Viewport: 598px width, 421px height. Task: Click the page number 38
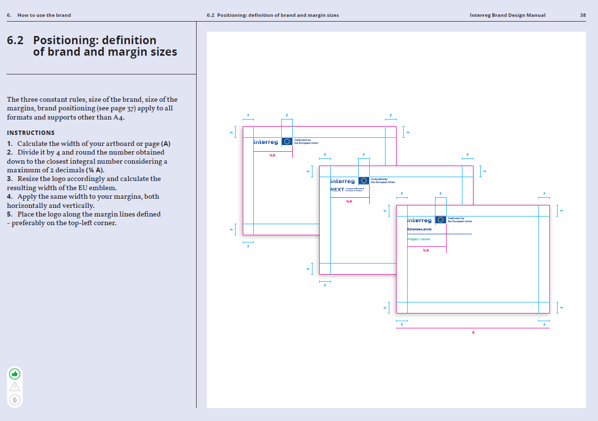[x=583, y=15]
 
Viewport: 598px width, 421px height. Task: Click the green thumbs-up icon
[x=15, y=373]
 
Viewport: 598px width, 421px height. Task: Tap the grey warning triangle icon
[x=15, y=386]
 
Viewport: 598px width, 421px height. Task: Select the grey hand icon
[x=15, y=399]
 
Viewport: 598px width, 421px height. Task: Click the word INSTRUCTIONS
[x=31, y=133]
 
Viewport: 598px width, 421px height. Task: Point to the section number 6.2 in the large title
[x=15, y=40]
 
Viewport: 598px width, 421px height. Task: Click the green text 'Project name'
[x=418, y=239]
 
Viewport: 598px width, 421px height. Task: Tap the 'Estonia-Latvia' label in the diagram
[x=419, y=229]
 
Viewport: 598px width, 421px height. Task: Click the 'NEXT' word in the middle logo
[x=337, y=190]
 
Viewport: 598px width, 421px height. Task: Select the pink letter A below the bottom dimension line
[x=473, y=333]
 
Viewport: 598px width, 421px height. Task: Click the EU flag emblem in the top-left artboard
[x=287, y=141]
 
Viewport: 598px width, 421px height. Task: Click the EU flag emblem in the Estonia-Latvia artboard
[x=440, y=220]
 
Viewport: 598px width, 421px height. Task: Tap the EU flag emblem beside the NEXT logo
[x=364, y=180]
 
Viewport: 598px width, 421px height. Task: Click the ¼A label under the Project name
[x=426, y=251]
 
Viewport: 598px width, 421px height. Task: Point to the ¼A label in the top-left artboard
[x=272, y=155]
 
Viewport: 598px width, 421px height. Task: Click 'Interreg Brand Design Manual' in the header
[x=508, y=15]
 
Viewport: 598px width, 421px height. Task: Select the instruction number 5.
[x=10, y=214]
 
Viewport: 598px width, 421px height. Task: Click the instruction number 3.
[x=10, y=179]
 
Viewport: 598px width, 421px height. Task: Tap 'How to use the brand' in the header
[x=44, y=15]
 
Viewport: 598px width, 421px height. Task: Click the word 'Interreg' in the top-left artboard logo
[x=266, y=142]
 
